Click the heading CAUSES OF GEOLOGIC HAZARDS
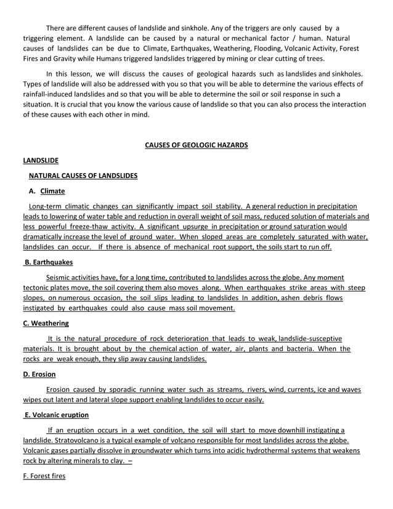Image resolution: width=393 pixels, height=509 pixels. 196,145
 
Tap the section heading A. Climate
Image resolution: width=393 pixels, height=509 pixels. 46,191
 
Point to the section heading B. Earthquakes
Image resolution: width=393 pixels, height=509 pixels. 48,263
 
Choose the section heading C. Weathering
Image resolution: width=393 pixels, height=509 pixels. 46,323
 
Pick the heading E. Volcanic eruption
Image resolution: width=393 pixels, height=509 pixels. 57,415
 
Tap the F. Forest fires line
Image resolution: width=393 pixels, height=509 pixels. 44,476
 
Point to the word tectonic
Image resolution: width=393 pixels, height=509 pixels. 37,288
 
